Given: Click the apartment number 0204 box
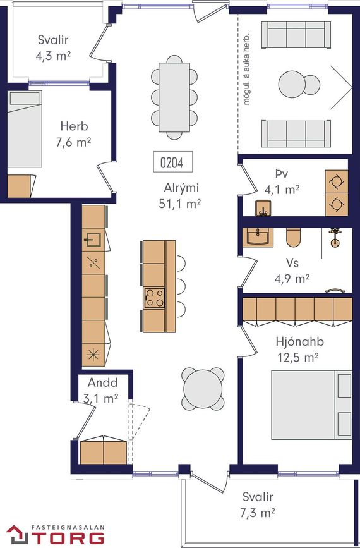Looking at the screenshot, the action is tap(173, 162).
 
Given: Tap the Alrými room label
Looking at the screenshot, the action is tap(181, 188).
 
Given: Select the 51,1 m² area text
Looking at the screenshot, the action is tap(179, 204).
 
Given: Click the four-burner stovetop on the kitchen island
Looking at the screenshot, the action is tap(154, 298).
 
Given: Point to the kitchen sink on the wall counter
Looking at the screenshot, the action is tap(93, 240).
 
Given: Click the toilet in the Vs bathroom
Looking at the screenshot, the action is tap(293, 237).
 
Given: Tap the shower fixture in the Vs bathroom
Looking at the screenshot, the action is tap(335, 238).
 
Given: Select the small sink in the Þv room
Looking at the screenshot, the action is tap(263, 209).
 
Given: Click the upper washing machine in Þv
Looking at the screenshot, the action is tap(337, 181).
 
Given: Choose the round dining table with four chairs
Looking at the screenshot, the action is tap(203, 389).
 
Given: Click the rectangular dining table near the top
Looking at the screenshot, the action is tap(174, 97).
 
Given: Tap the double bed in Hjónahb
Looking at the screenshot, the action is tap(311, 405).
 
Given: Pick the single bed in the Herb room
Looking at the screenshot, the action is tap(25, 128).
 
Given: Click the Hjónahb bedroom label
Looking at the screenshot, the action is tap(299, 342).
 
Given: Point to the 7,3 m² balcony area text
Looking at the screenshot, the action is tap(257, 513).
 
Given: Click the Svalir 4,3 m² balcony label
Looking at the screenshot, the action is tap(53, 48).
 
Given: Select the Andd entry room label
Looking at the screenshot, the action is tap(102, 382).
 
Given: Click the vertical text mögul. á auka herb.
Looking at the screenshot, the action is tap(246, 70).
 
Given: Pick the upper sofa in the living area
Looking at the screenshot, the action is tap(296, 35).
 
